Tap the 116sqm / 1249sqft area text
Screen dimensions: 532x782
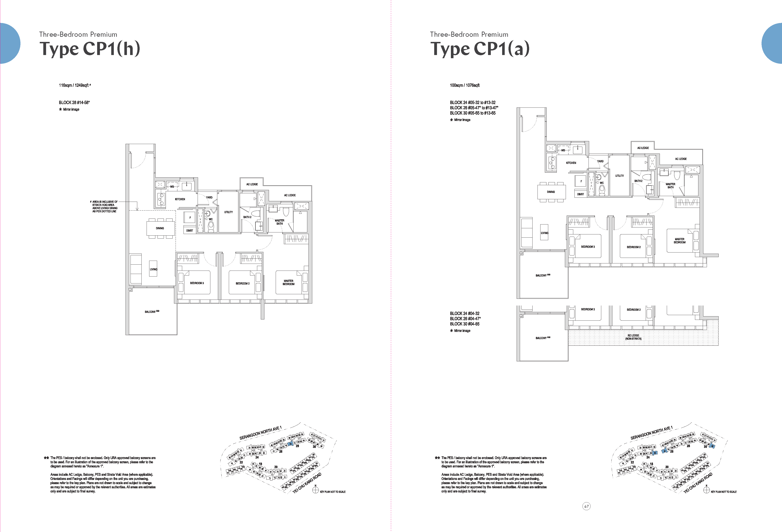74,85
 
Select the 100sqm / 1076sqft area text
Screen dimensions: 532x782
464,85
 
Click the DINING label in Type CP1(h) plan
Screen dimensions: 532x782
160,228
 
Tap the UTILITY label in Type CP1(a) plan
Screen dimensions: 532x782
620,176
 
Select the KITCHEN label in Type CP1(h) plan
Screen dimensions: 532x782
180,199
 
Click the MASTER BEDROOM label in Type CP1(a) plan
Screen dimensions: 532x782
679,241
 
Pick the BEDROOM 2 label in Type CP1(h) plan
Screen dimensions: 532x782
243,283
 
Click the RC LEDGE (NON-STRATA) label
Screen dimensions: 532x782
633,337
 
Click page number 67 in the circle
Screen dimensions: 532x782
587,506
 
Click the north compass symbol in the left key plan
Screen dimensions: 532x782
315,490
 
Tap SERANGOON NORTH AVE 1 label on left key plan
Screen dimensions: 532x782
260,433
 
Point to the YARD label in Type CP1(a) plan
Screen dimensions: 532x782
600,161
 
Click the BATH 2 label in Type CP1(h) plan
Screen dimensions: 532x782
247,217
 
